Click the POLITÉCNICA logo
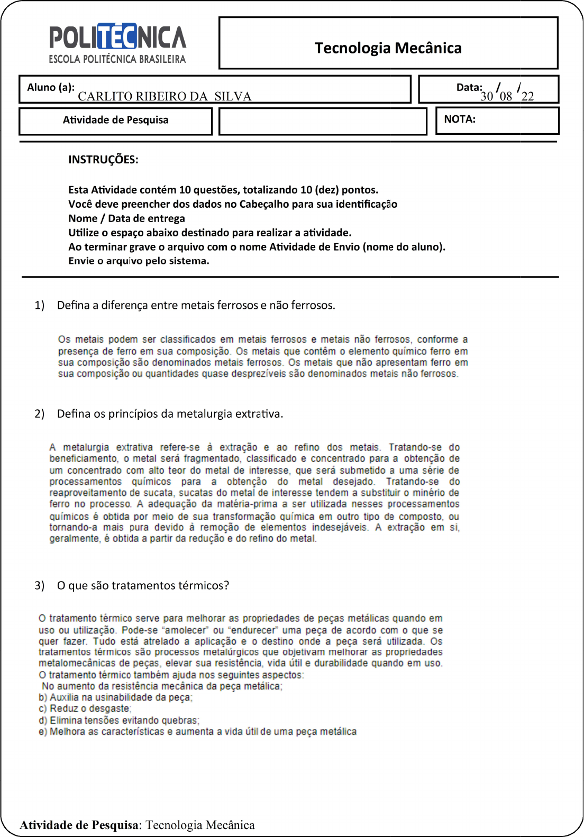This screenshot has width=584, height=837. tap(117, 43)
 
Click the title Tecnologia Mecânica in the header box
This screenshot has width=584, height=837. tap(388, 48)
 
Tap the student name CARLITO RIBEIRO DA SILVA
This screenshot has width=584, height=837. tap(165, 96)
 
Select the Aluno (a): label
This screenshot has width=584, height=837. tap(50, 87)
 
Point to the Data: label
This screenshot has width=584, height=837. tap(469, 87)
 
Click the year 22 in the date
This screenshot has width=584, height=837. tap(527, 96)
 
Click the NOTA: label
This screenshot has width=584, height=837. tap(459, 119)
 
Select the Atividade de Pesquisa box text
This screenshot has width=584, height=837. tap(115, 120)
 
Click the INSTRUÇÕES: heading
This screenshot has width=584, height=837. tap(103, 160)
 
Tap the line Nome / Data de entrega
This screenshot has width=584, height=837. tap(126, 218)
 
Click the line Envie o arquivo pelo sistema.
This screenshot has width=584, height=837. tap(139, 261)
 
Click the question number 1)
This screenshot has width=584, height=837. tap(40, 305)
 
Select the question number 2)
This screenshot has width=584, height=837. tap(40, 413)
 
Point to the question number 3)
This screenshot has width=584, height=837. tap(40, 585)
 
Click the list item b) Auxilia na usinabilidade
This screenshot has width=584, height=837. tap(115, 697)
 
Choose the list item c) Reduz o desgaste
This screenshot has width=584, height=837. tap(85, 709)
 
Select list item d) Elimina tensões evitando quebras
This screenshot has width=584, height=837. tap(118, 720)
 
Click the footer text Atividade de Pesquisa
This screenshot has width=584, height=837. tap(79, 825)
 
